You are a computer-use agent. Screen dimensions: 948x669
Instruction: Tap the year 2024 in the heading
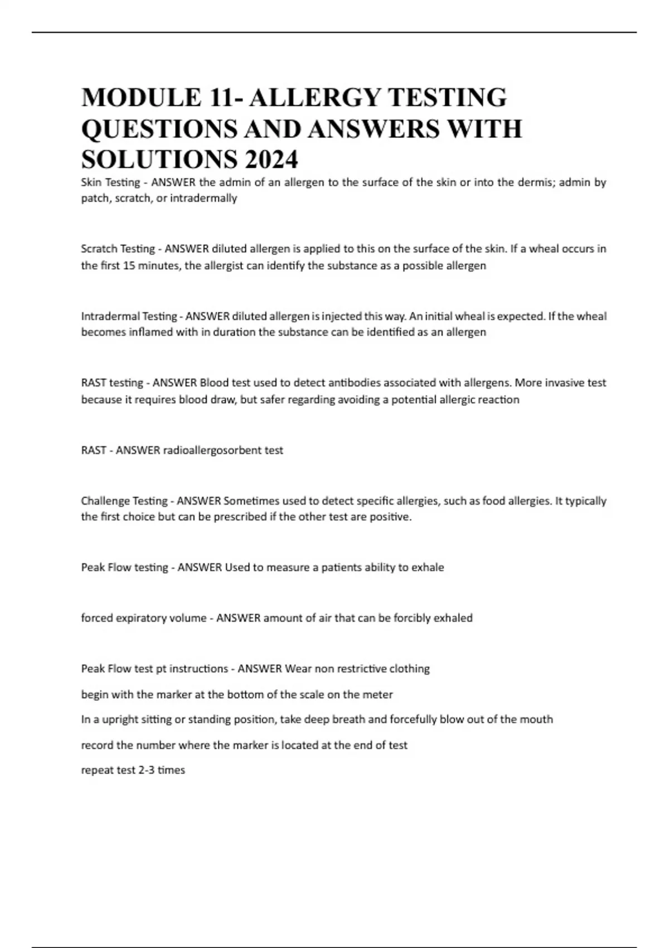(270, 160)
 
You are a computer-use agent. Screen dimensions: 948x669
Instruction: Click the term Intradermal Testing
(129, 316)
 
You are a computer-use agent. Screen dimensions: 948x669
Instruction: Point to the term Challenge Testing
(124, 501)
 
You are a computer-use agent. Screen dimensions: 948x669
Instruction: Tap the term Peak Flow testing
(124, 568)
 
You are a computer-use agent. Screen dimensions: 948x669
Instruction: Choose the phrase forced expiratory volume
(144, 618)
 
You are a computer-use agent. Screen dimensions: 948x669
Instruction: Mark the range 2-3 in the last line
(146, 770)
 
